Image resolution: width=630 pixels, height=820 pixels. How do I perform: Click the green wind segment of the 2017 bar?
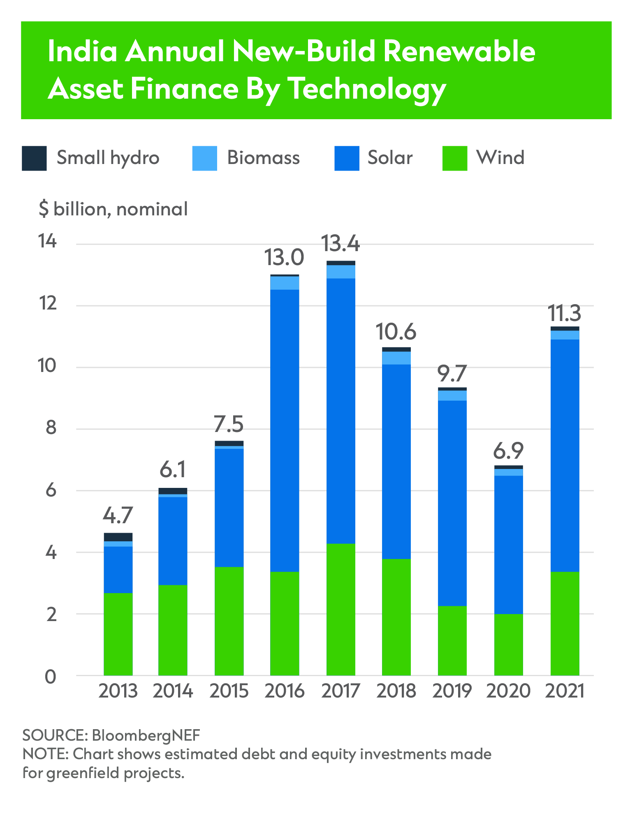(x=340, y=609)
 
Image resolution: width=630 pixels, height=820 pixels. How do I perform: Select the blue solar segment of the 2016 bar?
(x=285, y=430)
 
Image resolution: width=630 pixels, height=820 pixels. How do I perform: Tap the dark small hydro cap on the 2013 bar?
(x=118, y=537)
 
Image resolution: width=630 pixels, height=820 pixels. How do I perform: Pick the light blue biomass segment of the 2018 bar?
(x=396, y=358)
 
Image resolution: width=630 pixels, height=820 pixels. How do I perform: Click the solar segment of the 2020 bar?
(x=508, y=544)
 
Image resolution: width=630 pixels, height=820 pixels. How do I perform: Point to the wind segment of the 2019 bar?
(x=452, y=640)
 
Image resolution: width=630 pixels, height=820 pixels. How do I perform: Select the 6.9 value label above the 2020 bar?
(x=508, y=451)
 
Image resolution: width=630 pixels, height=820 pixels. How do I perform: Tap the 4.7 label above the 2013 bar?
(x=118, y=515)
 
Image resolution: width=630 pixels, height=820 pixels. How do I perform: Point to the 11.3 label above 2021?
(x=565, y=313)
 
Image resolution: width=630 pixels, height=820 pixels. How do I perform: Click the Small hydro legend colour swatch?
(x=34, y=158)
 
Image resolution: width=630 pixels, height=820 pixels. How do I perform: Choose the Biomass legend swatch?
(x=204, y=158)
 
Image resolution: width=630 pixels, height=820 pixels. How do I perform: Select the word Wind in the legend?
(x=500, y=158)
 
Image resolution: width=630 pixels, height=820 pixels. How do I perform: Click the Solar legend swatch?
(x=347, y=158)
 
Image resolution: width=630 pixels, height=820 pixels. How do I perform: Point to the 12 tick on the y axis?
(x=47, y=304)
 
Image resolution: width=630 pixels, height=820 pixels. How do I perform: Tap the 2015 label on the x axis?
(x=229, y=691)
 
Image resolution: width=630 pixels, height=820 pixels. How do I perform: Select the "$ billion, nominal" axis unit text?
(x=113, y=209)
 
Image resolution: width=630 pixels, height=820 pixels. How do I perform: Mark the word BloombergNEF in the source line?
(x=146, y=735)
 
